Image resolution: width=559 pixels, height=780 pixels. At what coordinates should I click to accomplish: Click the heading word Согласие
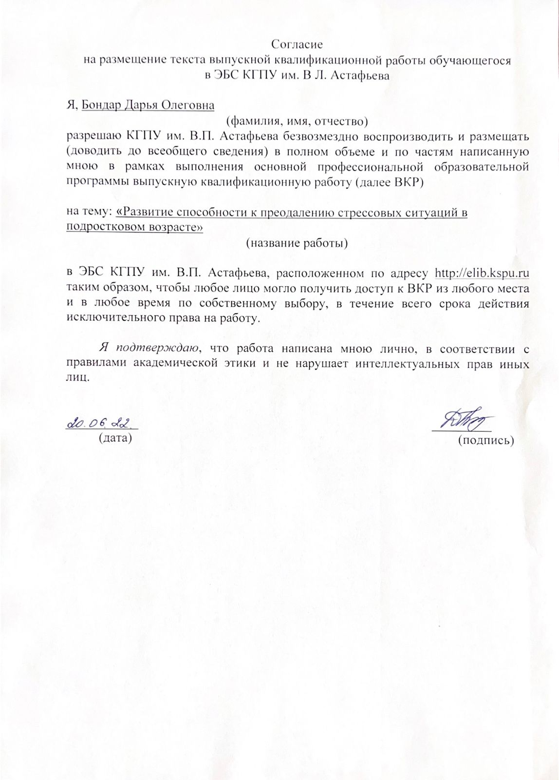(297, 45)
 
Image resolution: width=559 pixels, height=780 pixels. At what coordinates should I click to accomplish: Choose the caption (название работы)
(297, 242)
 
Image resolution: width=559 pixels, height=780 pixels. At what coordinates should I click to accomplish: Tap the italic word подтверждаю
(154, 348)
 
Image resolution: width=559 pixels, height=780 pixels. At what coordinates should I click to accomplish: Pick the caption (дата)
(115, 438)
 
